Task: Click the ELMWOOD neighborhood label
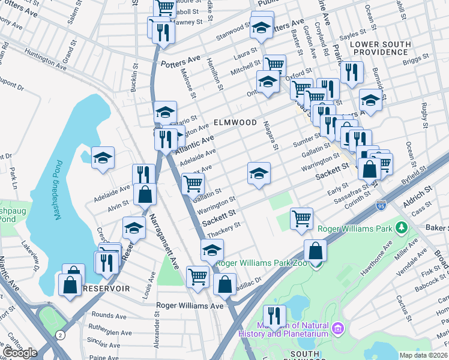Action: click(x=235, y=122)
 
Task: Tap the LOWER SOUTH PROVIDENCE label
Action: click(x=380, y=49)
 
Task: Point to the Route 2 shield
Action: click(x=59, y=334)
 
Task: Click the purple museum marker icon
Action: click(x=338, y=328)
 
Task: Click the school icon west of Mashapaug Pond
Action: click(x=103, y=158)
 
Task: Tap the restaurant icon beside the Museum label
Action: click(x=274, y=315)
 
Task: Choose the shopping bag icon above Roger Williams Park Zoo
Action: click(x=315, y=250)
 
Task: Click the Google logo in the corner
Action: click(x=20, y=352)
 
